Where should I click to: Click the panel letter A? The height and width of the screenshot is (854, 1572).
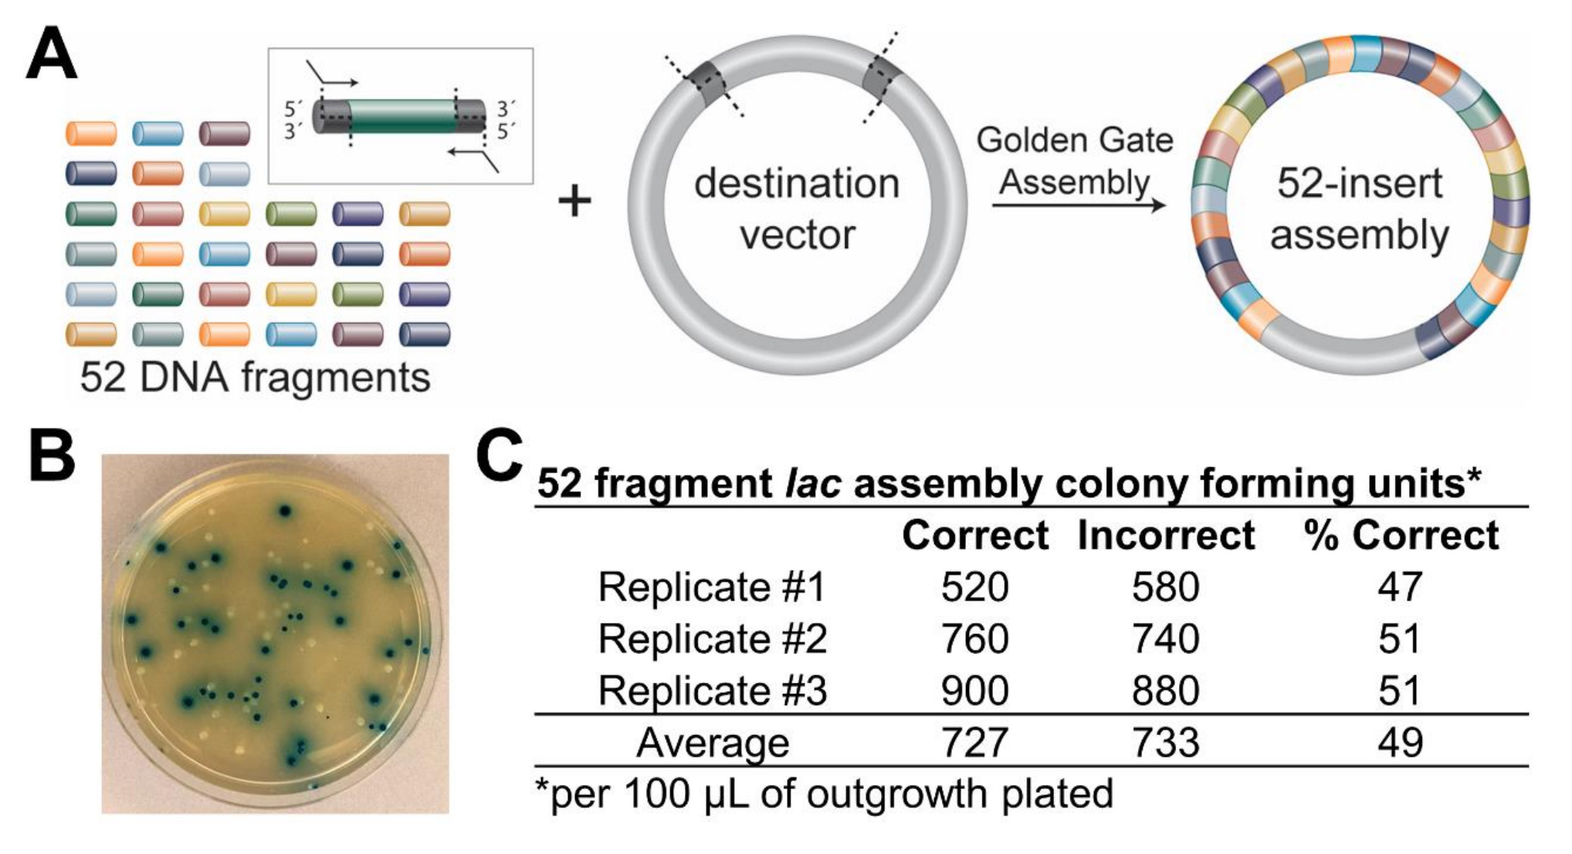51,54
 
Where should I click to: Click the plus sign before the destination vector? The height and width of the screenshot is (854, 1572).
574,202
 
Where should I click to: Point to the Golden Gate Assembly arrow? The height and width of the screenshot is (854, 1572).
1079,205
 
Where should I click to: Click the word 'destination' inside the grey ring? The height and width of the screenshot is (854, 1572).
797,184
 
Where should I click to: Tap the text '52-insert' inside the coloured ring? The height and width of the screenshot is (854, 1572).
1359,184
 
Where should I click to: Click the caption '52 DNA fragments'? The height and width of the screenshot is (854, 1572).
255,378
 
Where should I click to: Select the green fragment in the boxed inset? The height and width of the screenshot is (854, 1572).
401,117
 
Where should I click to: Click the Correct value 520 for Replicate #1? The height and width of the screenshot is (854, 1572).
974,587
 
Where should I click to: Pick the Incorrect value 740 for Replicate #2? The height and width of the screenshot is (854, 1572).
1165,639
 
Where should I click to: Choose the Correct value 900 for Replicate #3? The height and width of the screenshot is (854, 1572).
974,690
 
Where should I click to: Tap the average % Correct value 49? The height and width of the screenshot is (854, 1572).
1400,743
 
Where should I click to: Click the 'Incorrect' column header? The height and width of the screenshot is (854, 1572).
1165,535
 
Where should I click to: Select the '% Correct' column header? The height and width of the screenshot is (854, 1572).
1401,535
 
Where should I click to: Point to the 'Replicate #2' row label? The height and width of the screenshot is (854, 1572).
712,639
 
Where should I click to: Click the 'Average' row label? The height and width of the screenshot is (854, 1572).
712,743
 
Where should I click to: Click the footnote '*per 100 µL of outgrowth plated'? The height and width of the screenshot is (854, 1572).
824,794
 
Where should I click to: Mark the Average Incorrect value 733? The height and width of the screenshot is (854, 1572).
1165,743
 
